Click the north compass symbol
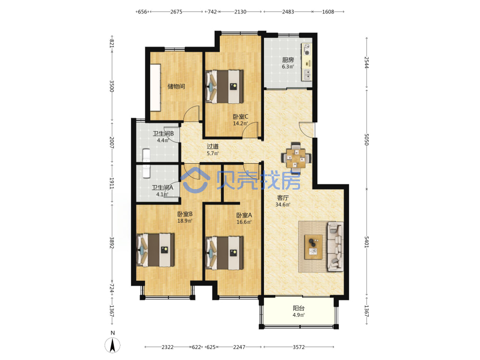click(x=112, y=345)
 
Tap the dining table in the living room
click(x=296, y=158)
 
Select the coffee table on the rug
click(x=313, y=247)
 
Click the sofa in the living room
click(x=335, y=247)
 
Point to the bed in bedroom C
click(x=225, y=86)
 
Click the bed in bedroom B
click(x=156, y=250)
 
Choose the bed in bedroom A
click(x=225, y=253)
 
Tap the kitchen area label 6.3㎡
click(x=288, y=67)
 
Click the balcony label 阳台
click(x=299, y=308)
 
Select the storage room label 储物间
click(x=176, y=86)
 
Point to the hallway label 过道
click(x=213, y=146)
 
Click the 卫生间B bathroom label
click(x=163, y=134)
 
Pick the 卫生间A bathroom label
click(x=163, y=188)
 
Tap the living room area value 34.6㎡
click(x=283, y=204)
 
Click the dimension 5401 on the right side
click(x=367, y=242)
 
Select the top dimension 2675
click(x=176, y=12)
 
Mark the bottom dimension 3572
click(x=299, y=347)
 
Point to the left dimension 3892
click(x=112, y=243)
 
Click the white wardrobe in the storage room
click(x=155, y=87)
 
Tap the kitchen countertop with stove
click(x=307, y=62)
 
